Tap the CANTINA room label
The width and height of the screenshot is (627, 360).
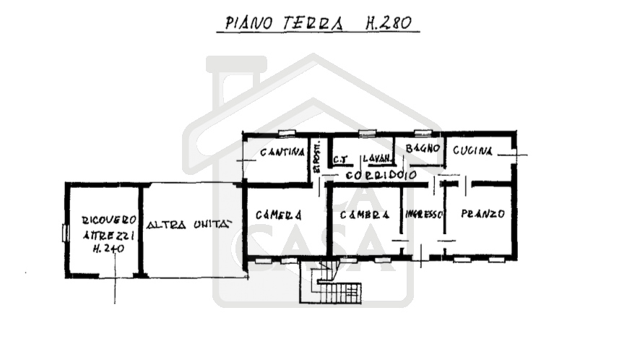(x=282, y=153)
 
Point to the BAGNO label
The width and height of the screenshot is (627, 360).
(x=423, y=148)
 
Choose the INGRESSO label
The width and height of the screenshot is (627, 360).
(x=424, y=215)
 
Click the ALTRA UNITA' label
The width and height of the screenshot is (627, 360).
(x=189, y=224)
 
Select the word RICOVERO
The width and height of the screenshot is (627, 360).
(x=108, y=220)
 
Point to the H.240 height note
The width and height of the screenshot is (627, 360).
(x=108, y=248)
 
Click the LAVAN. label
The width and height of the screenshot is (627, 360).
(x=377, y=158)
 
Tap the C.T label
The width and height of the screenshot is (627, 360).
(x=342, y=158)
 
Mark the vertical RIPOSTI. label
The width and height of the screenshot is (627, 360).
(x=316, y=156)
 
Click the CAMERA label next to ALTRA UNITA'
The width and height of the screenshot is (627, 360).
(x=279, y=215)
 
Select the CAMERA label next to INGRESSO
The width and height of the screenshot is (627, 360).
(x=366, y=215)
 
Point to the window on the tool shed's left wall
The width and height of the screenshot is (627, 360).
(x=65, y=233)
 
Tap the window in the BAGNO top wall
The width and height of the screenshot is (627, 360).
(x=423, y=132)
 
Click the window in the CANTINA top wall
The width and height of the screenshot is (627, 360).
(x=287, y=133)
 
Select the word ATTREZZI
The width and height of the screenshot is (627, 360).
(x=108, y=234)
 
